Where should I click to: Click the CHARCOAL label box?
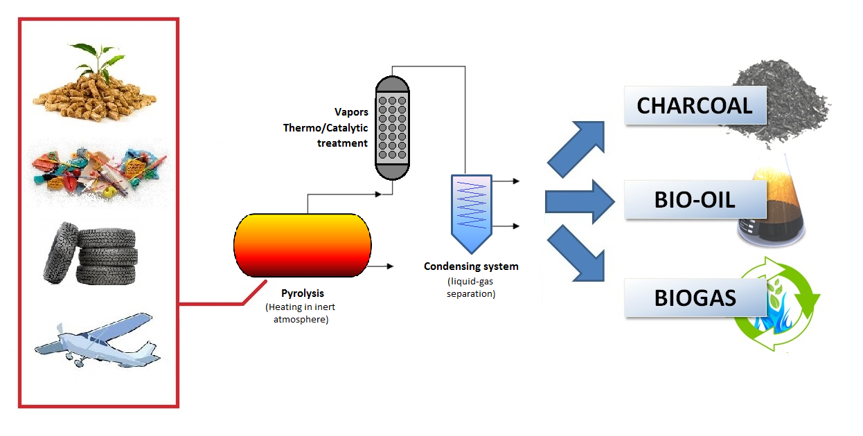tap(695, 105)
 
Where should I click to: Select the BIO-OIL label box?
tap(695, 201)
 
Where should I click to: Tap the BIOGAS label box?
tap(695, 298)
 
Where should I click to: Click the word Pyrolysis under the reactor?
tap(303, 293)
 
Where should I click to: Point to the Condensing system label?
tap(471, 266)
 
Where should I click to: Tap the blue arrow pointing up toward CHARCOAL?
tap(578, 147)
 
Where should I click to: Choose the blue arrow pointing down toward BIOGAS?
tap(578, 255)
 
